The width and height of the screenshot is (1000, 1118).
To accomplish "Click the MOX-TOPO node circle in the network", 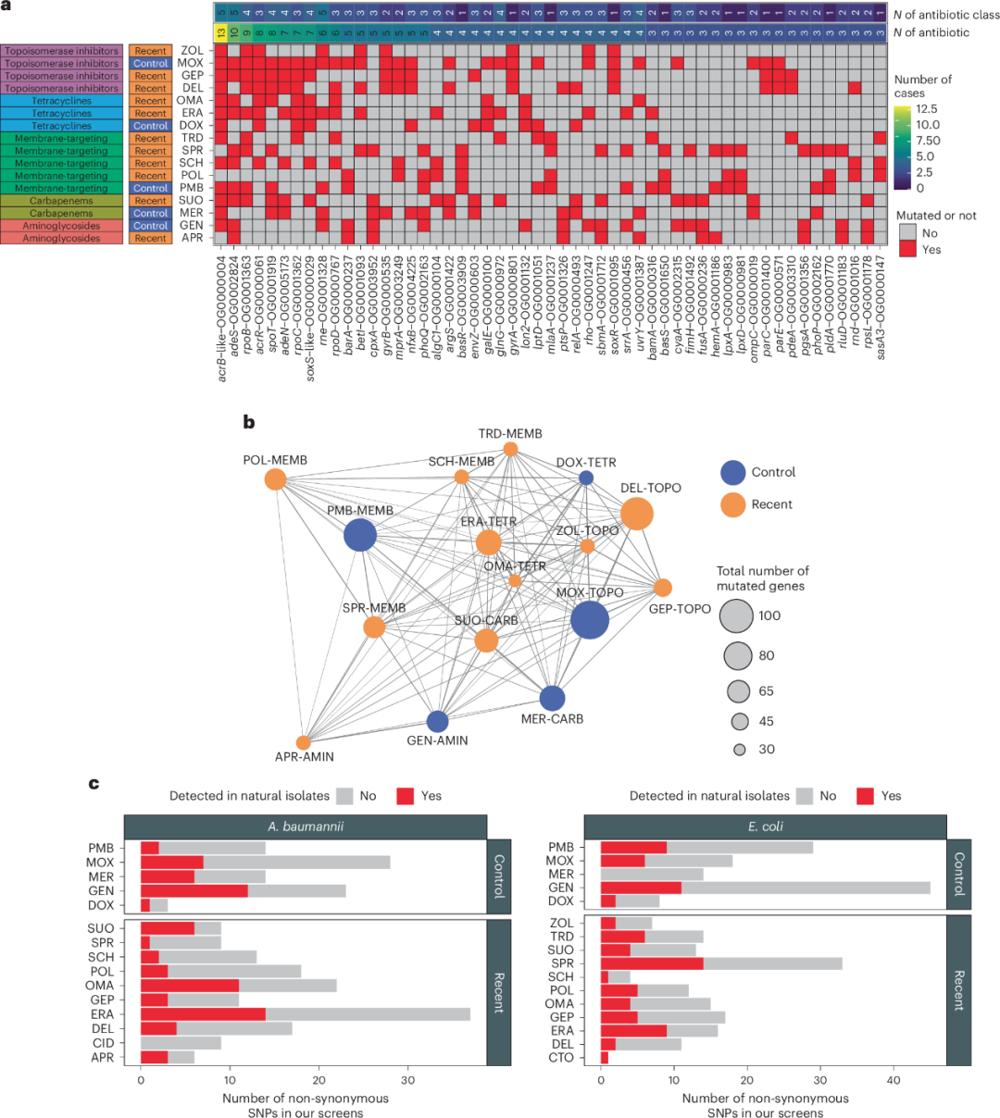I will click(x=590, y=619).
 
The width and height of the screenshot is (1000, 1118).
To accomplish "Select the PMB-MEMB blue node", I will click(x=360, y=535).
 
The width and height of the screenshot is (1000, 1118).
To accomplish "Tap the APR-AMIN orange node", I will click(x=304, y=742).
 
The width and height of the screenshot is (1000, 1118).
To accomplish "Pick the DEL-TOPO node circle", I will click(x=636, y=513).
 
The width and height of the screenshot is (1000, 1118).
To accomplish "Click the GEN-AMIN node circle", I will click(x=438, y=722).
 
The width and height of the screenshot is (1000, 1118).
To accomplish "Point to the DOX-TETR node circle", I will click(x=586, y=478).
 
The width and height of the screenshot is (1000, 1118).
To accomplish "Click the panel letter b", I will click(x=248, y=423).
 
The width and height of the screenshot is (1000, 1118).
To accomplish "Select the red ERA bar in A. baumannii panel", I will click(x=203, y=1014).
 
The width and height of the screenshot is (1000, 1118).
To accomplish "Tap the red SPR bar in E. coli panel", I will click(x=652, y=963).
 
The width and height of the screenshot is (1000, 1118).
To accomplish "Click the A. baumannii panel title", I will click(x=306, y=826).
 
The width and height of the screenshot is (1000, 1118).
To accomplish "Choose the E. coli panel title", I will click(x=765, y=826).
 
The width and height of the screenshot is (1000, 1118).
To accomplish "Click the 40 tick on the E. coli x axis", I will click(x=894, y=1079).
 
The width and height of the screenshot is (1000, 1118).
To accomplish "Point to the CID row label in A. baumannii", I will click(x=104, y=1043).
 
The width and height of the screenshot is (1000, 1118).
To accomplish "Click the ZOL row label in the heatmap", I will click(x=192, y=51).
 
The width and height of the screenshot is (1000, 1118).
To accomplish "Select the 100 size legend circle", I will click(x=737, y=615).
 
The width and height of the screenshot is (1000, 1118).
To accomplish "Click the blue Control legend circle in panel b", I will click(x=732, y=472).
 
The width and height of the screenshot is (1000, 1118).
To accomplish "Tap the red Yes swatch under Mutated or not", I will click(x=907, y=250).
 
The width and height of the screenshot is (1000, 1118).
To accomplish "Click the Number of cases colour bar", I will click(x=902, y=148).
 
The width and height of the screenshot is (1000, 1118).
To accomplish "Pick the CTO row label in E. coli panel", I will click(x=561, y=1058).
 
